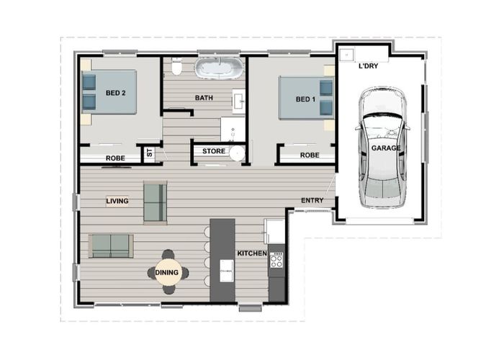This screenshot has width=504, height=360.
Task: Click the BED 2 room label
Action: click(x=116, y=93)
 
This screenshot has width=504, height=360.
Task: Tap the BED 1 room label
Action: click(x=305, y=99)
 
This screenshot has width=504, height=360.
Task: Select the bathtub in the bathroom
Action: click(x=220, y=70)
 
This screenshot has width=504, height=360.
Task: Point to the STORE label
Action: click(x=214, y=151)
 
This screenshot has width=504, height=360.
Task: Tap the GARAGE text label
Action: click(x=386, y=148)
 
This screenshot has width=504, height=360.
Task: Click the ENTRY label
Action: click(x=312, y=201)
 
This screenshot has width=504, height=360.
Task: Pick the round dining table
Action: click(x=167, y=272)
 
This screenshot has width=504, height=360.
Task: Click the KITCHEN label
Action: click(x=253, y=254)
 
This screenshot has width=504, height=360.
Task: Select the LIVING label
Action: click(x=117, y=201)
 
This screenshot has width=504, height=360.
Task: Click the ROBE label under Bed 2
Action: click(x=116, y=158)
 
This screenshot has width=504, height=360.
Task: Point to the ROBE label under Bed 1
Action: click(x=310, y=155)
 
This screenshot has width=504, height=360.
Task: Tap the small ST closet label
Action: click(x=150, y=153)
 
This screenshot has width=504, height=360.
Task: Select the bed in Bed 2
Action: click(x=109, y=91)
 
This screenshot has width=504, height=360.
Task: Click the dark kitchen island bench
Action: click(x=222, y=259)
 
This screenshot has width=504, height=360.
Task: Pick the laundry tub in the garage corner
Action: click(x=347, y=54)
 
